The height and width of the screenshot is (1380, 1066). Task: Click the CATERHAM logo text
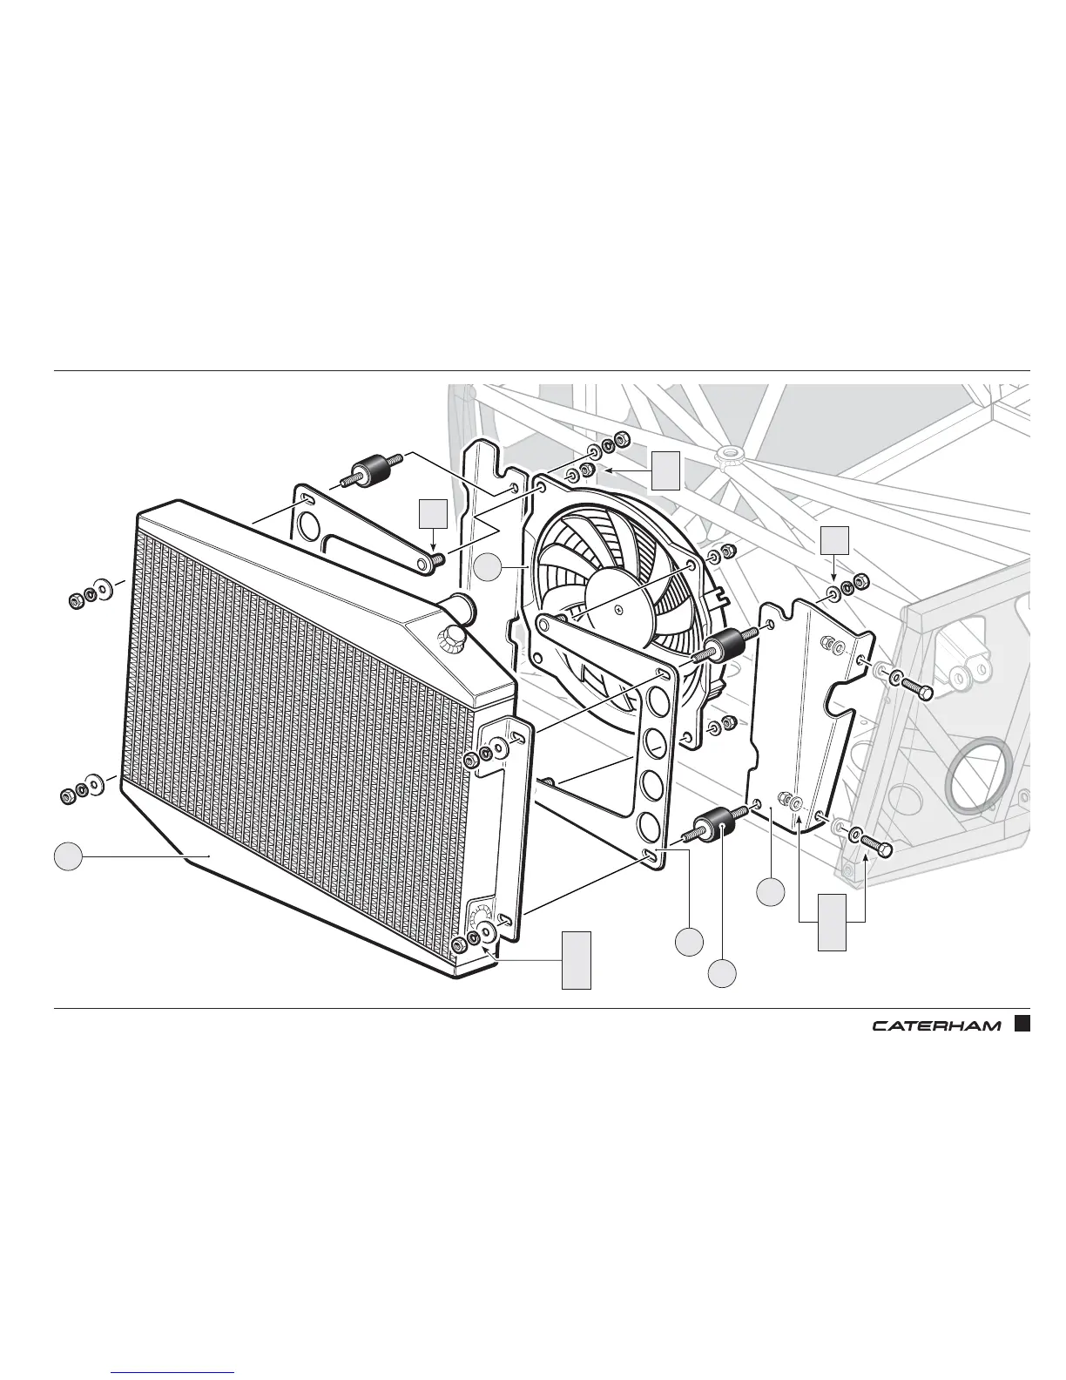(936, 1025)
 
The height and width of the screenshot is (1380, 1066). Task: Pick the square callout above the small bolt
(433, 516)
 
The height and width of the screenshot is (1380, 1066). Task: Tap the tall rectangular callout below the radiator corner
(576, 959)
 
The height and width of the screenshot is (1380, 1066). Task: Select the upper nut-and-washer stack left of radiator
(90, 596)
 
